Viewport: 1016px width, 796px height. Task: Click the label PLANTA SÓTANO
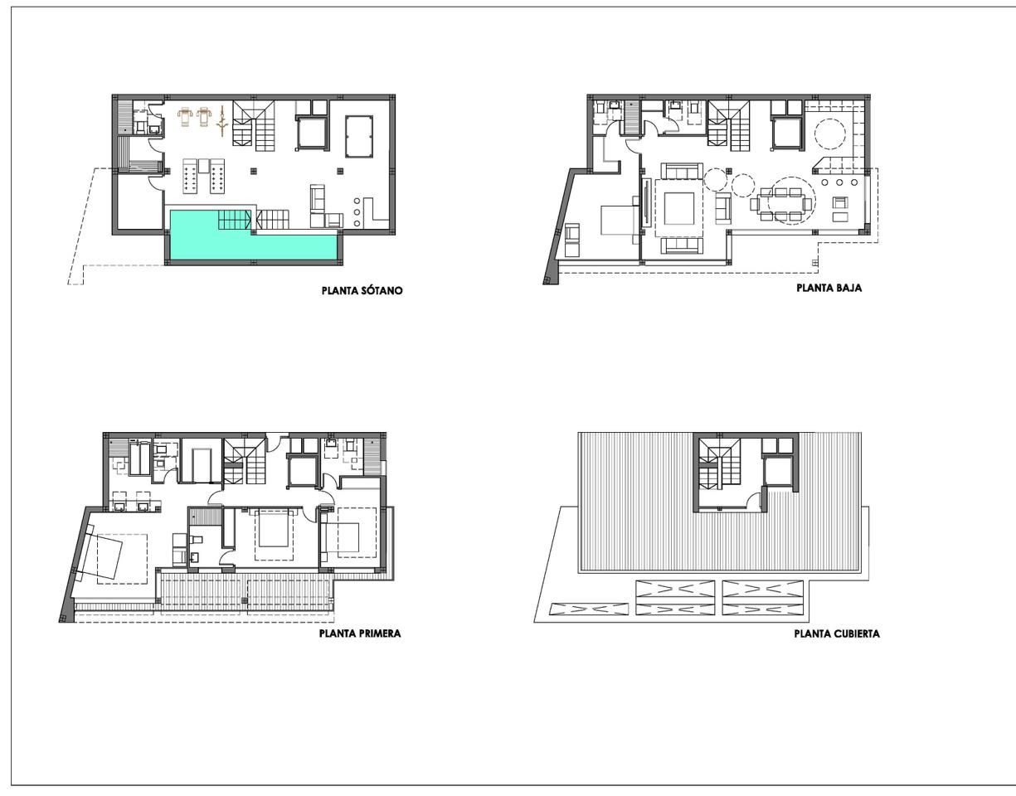point(362,291)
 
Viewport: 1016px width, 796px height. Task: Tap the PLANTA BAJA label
point(829,289)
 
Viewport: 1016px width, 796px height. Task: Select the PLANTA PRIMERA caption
point(360,633)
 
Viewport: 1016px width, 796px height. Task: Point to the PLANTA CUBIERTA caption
point(837,634)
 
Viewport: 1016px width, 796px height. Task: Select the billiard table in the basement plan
point(360,132)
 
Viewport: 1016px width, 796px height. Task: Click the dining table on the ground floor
point(785,203)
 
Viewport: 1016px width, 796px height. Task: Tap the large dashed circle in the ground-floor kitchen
point(829,132)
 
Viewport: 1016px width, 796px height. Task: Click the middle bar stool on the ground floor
point(839,182)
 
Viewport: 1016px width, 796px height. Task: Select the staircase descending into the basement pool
point(235,220)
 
